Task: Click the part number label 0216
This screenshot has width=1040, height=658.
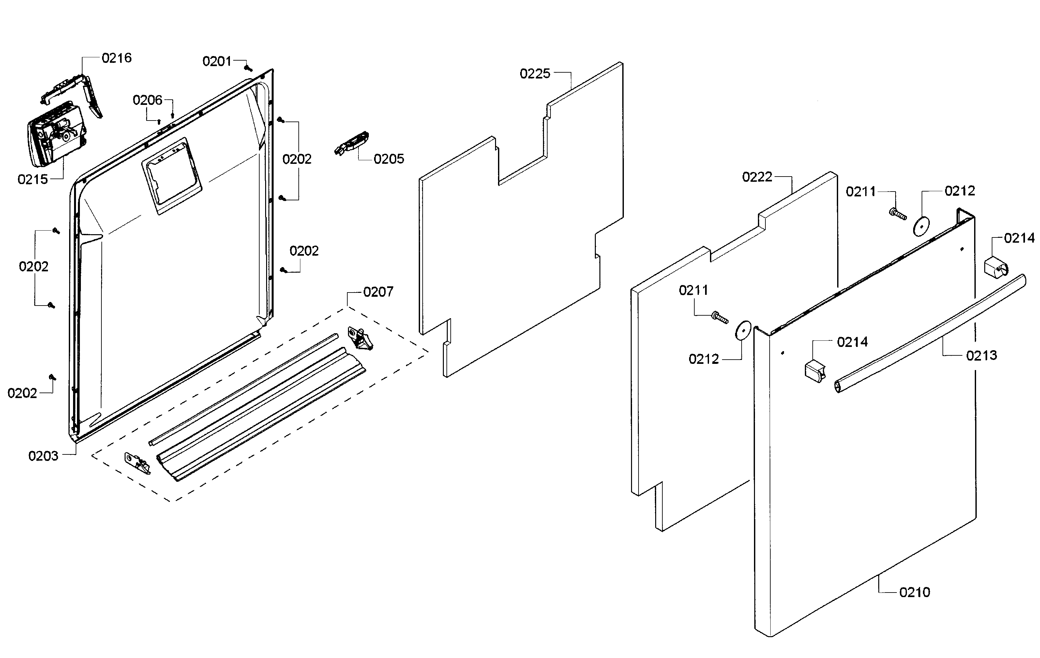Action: point(117,58)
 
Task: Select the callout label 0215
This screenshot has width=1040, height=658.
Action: point(33,179)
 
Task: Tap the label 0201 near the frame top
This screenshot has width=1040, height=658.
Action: point(217,61)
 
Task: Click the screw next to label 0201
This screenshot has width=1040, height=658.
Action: point(248,68)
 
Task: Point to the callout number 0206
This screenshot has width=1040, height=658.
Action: point(147,100)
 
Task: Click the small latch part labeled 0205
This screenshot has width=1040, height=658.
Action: point(352,143)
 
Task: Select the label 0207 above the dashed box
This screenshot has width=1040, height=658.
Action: point(378,292)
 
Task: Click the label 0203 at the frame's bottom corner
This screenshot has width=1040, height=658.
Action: point(43,456)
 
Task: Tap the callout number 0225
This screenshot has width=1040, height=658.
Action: point(535,74)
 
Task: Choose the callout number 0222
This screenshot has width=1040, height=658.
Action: point(757,177)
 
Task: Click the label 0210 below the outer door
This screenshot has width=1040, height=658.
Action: point(914,592)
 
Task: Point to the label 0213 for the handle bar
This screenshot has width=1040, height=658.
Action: point(981,355)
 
